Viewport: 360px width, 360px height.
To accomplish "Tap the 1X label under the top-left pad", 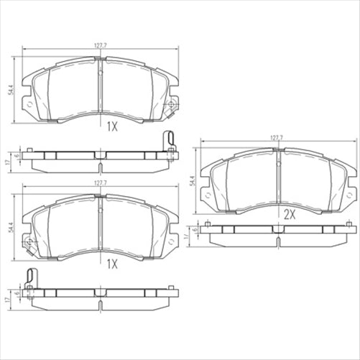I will pos(111,127).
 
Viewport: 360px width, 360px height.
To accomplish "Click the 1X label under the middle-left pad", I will pos(111,264).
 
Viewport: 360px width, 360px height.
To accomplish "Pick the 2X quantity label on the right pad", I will pos(290,214).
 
